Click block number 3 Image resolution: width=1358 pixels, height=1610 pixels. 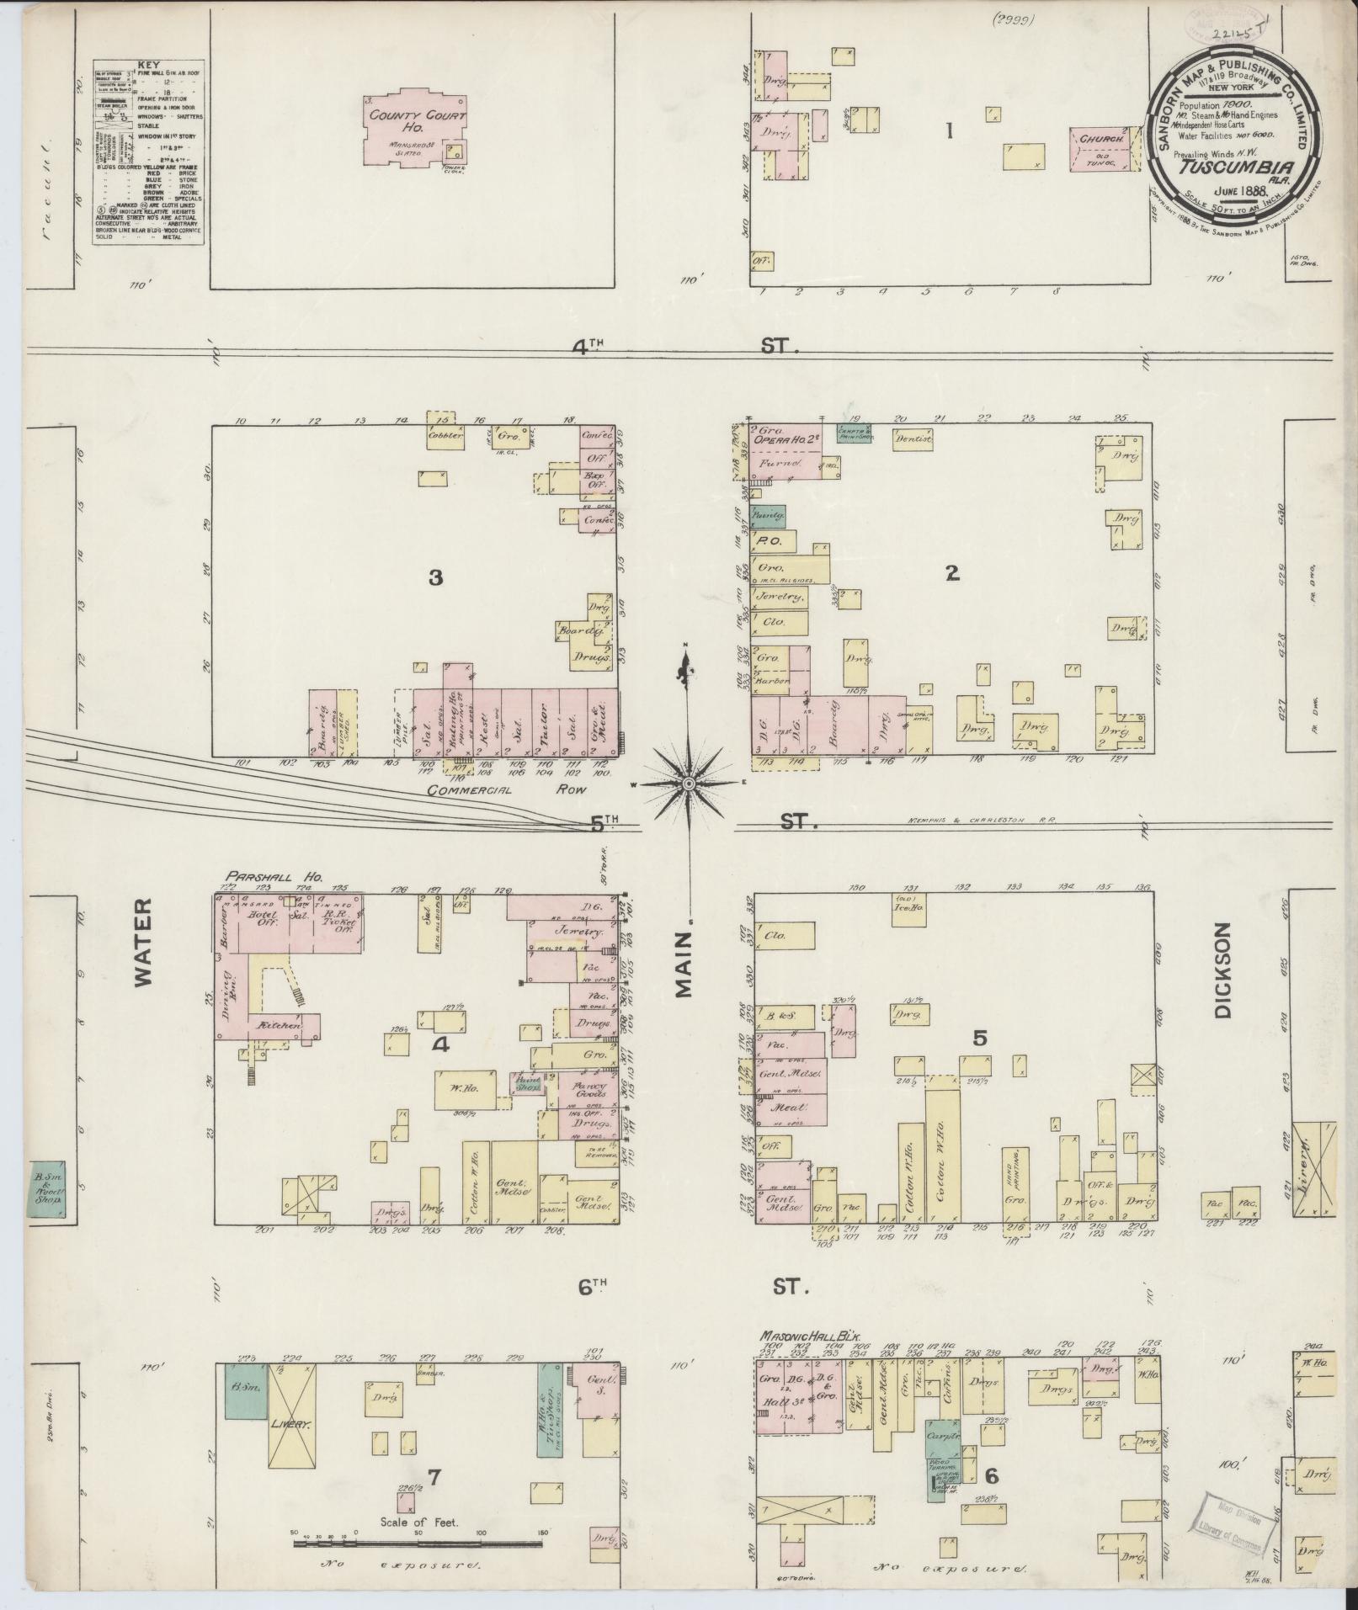click(435, 577)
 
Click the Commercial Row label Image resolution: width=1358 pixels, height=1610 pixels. click(505, 790)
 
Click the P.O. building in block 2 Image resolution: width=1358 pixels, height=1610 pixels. click(770, 542)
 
